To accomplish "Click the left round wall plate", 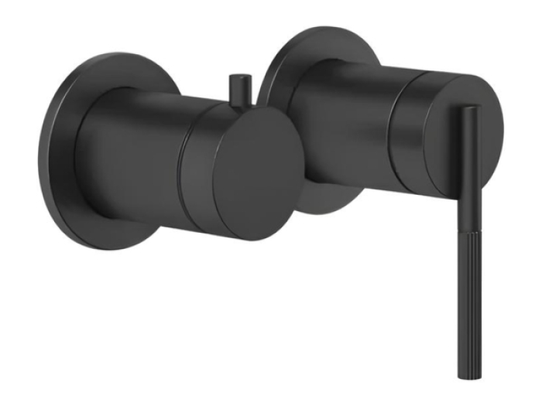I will tap(58, 155).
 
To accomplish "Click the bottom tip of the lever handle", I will tap(470, 374).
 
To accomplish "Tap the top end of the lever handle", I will tap(470, 110).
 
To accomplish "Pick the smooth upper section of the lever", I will tap(470, 155).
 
